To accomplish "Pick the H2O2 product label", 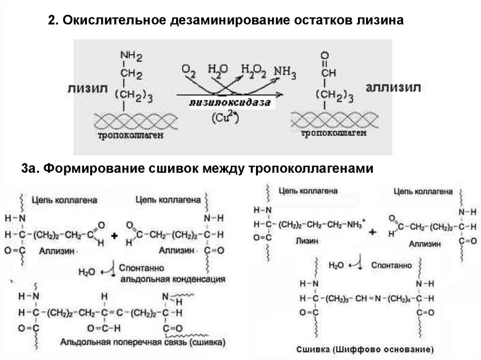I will pyautogui.click(x=253, y=70).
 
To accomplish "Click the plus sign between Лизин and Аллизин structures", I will pyautogui.click(x=373, y=233).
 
